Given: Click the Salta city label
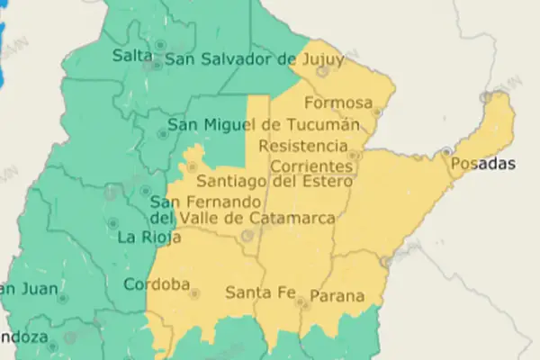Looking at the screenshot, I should tap(131, 56).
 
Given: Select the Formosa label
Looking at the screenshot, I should tap(339, 102).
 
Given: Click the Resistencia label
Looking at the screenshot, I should tap(302, 146).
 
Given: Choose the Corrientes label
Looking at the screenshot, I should tap(310, 166).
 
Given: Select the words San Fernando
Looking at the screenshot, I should tap(196, 202).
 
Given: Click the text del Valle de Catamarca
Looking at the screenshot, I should tap(243, 219).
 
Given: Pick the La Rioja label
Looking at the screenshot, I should tap(149, 238).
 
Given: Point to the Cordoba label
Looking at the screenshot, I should tap(157, 285).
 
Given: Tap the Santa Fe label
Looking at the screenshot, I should tap(261, 292).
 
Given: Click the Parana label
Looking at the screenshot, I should tap(337, 295).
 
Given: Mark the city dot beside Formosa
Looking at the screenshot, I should tap(377, 113).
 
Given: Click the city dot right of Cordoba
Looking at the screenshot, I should tap(194, 293).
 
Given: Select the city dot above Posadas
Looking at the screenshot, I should tap(446, 151).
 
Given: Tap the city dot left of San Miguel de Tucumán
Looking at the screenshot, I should tap(162, 134).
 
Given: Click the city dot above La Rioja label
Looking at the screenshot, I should tap(113, 222).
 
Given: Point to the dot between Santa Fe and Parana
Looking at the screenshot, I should tap(301, 304).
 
